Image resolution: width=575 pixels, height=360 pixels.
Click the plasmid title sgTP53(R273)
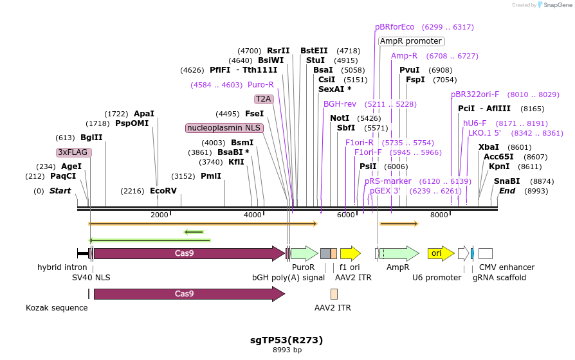pos(286,339)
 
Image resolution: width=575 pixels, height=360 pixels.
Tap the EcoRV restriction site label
pos(163,190)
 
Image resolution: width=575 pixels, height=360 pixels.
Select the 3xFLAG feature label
pos(74,152)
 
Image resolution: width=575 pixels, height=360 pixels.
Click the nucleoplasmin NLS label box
pos(224,128)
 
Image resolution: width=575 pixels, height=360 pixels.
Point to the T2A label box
pos(263,99)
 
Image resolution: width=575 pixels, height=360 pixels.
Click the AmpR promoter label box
pos(410,41)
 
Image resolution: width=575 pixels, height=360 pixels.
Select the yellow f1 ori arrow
pos(350,253)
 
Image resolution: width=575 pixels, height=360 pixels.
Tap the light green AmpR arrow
pos(399,253)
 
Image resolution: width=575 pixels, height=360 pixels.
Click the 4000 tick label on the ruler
pos(253,215)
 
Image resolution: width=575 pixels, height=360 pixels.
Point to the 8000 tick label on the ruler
pos(439,215)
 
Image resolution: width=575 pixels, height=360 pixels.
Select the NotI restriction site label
pos(340,118)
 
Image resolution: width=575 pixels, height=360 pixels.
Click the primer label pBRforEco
pos(395,27)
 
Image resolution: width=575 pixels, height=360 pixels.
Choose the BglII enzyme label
pos(91,137)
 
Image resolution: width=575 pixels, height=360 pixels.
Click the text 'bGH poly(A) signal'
pos(288,278)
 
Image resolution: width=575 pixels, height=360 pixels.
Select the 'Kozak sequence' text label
pos(57,308)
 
